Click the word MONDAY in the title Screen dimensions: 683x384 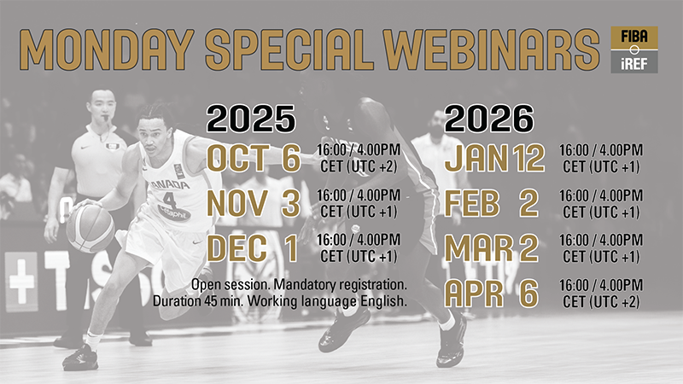[107, 50]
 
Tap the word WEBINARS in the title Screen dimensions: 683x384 [492, 50]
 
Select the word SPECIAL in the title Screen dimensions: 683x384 [289, 50]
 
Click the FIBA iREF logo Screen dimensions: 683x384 [634, 49]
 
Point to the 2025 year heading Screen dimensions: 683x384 [251, 119]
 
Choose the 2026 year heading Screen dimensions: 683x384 [489, 119]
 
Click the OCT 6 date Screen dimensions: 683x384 [254, 158]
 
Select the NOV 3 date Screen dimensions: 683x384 [254, 203]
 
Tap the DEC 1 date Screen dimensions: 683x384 [253, 248]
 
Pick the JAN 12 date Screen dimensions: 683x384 [494, 158]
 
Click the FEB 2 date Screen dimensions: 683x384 [492, 203]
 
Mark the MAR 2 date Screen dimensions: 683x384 [492, 248]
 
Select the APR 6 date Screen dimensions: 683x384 [492, 294]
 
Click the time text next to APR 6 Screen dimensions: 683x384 [601, 294]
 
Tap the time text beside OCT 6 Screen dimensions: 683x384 [359, 158]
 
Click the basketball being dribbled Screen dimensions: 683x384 [90, 229]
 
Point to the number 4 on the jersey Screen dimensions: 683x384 [169, 200]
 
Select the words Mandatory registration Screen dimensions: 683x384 [340, 285]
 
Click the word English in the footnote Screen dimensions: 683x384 [383, 301]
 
